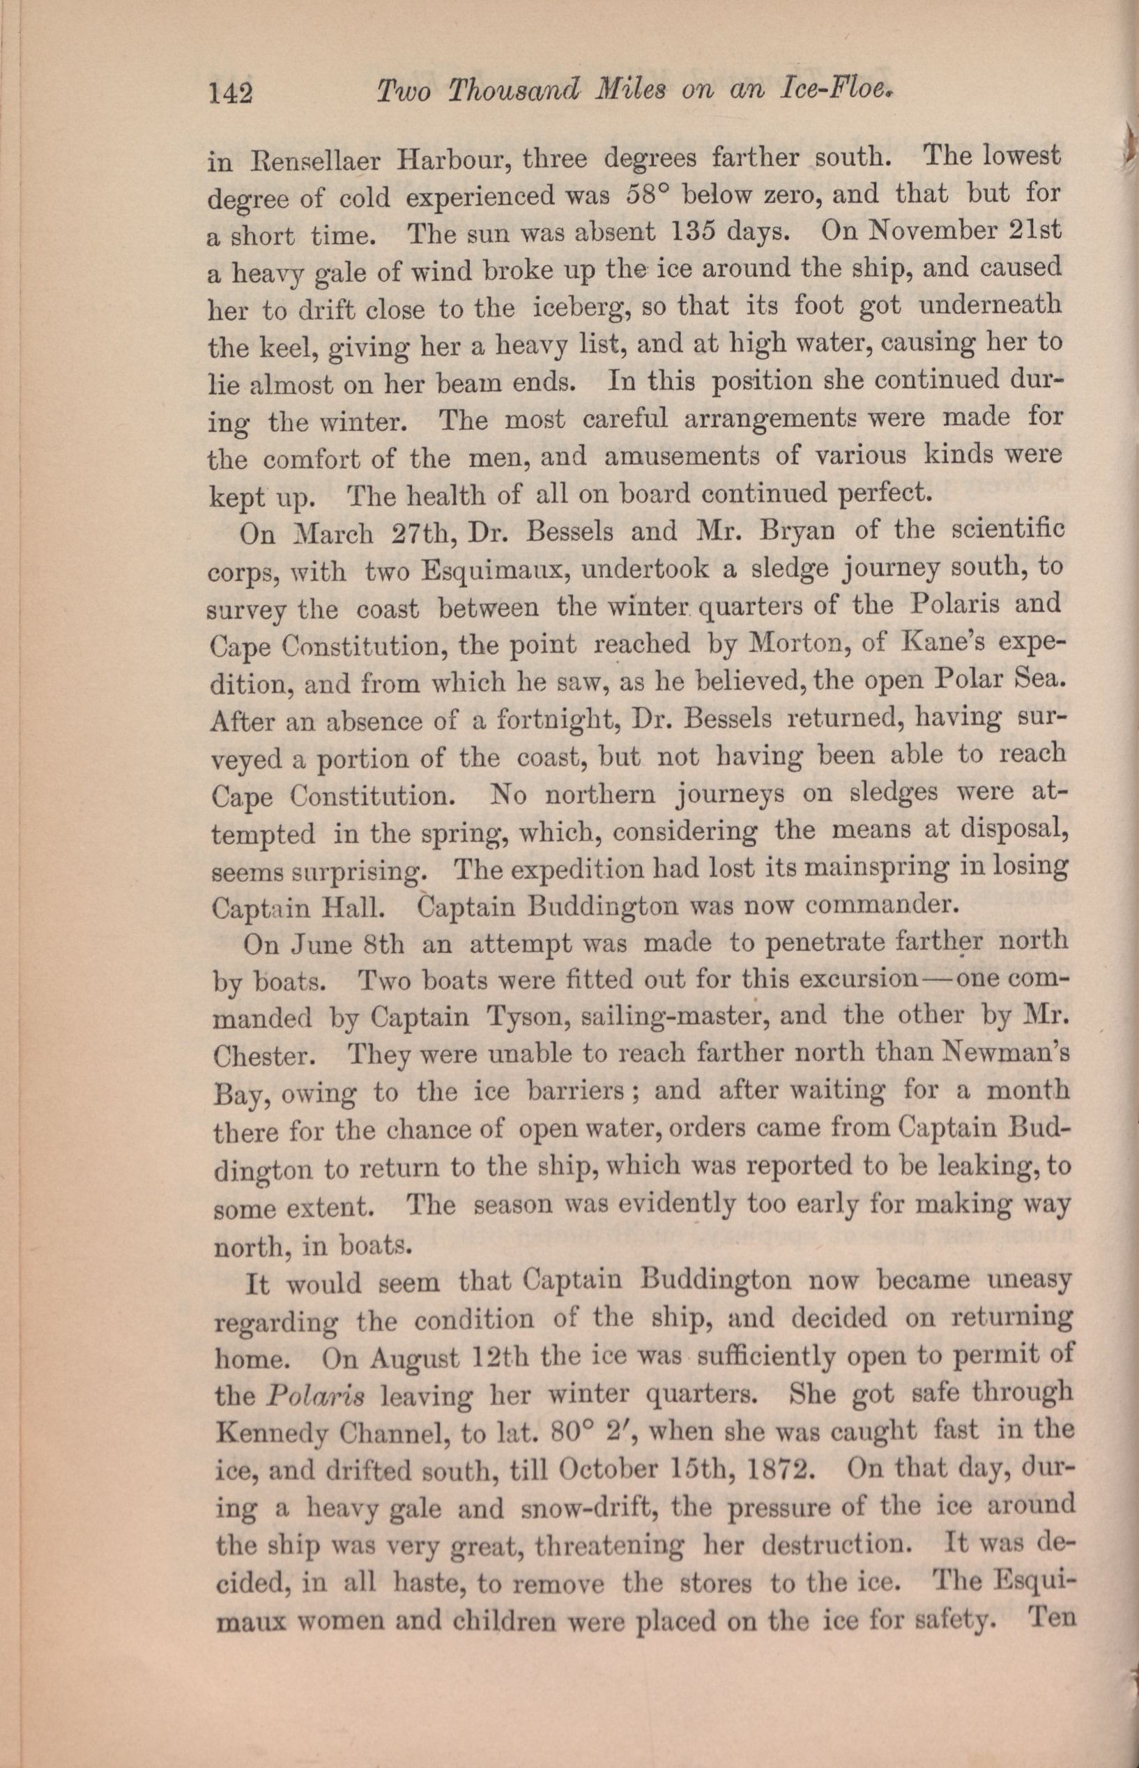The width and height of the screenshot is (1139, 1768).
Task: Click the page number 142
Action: pos(231,95)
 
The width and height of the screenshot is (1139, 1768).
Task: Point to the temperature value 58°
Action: pos(647,196)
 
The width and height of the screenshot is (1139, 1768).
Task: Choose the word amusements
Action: pos(681,457)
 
